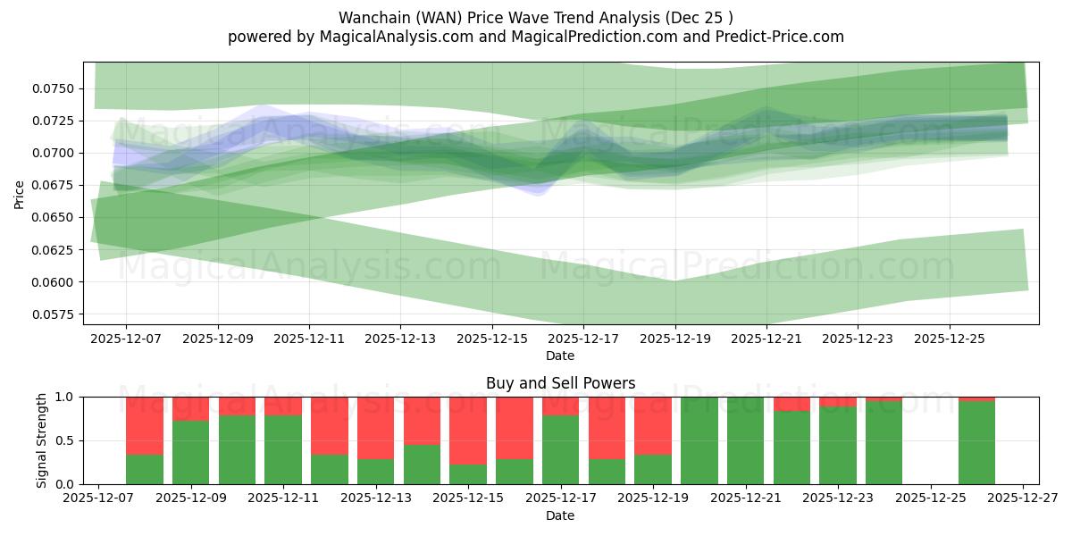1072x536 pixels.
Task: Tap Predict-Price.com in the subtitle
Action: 783,37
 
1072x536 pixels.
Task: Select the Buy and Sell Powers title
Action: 560,383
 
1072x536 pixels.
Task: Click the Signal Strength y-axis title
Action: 42,440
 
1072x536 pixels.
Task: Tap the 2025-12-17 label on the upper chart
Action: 583,339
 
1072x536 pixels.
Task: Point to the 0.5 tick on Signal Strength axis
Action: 67,440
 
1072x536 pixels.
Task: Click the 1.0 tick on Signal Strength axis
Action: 67,397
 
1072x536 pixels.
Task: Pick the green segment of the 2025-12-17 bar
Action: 560,450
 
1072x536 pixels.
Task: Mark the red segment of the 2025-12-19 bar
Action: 652,425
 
